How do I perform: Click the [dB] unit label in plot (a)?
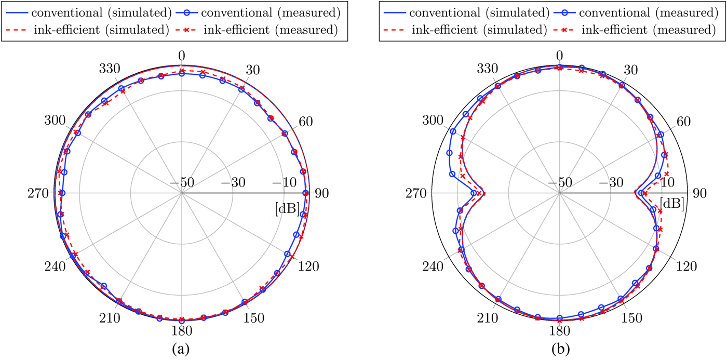[x=287, y=208]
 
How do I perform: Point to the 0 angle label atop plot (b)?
[x=559, y=56]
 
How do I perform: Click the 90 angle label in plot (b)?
[x=699, y=193]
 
